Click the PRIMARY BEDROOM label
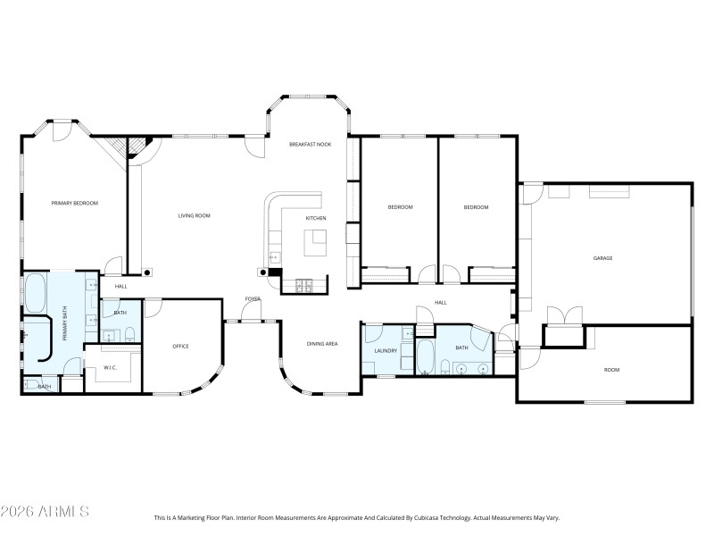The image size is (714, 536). [74, 204]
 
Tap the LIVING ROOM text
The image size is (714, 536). [194, 215]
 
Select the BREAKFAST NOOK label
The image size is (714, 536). [310, 144]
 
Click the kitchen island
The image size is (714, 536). [316, 241]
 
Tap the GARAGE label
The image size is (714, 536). [603, 258]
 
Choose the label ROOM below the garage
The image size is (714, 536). [611, 370]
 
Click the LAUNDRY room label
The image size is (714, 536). [386, 351]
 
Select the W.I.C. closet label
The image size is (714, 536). [111, 367]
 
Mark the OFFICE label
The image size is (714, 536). [180, 347]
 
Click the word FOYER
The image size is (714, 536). [253, 299]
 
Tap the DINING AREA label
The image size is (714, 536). [322, 344]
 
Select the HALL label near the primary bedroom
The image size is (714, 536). [120, 287]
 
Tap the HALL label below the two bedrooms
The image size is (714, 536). [440, 303]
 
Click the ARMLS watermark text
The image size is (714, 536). [45, 512]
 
